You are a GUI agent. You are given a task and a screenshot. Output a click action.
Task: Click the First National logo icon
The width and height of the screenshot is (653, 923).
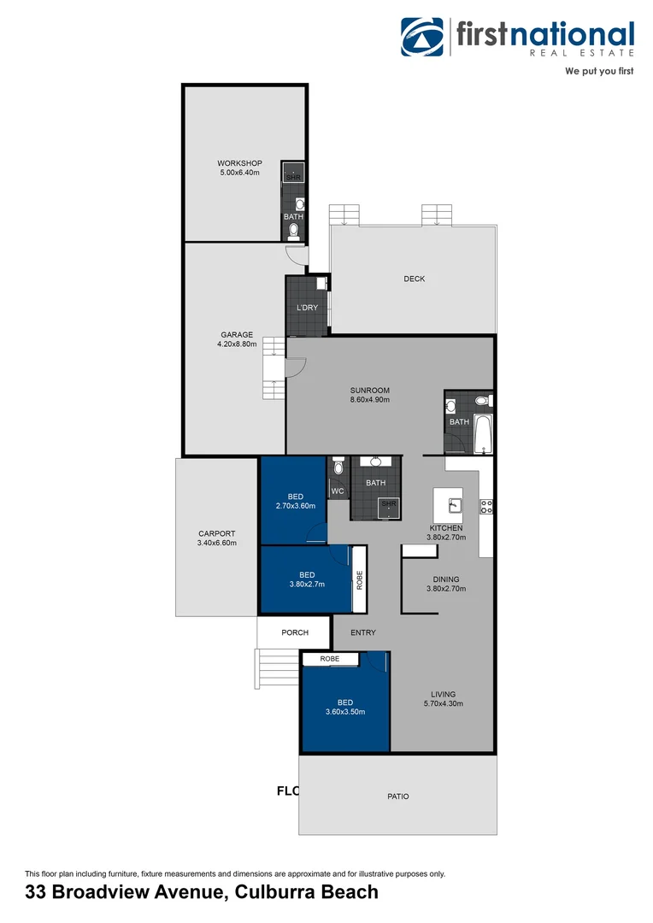423,37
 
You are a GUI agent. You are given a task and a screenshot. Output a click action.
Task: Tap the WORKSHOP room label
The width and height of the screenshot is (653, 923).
239,163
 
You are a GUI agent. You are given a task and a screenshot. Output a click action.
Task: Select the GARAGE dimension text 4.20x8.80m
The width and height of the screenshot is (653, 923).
237,344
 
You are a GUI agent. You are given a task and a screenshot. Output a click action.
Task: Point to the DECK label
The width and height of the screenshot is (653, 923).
415,279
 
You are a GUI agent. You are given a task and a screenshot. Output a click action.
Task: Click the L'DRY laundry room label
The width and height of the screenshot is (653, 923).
307,307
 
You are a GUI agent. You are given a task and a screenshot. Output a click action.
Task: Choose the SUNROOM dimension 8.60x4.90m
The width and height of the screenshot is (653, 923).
369,399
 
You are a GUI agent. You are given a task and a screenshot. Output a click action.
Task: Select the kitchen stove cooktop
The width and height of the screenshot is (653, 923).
486,505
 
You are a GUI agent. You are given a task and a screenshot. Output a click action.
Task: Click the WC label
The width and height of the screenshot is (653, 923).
338,491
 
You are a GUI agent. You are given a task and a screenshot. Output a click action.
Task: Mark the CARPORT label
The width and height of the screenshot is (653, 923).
216,533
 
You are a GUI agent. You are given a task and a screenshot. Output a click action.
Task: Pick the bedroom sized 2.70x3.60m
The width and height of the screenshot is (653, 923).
295,501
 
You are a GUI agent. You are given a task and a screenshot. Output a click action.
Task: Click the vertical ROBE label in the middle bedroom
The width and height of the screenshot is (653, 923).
360,580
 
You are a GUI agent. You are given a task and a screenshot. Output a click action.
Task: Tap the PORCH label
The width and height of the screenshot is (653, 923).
295,632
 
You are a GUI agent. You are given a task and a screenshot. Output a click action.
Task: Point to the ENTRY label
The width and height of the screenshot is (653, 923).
362,632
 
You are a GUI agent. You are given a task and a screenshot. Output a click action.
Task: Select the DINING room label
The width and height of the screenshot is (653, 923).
446,579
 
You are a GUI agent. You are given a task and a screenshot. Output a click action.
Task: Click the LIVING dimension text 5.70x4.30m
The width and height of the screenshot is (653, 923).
443,703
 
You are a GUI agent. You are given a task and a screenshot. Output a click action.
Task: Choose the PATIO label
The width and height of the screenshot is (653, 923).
397,796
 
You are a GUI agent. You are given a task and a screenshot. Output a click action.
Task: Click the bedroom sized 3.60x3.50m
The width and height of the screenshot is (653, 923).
345,707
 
